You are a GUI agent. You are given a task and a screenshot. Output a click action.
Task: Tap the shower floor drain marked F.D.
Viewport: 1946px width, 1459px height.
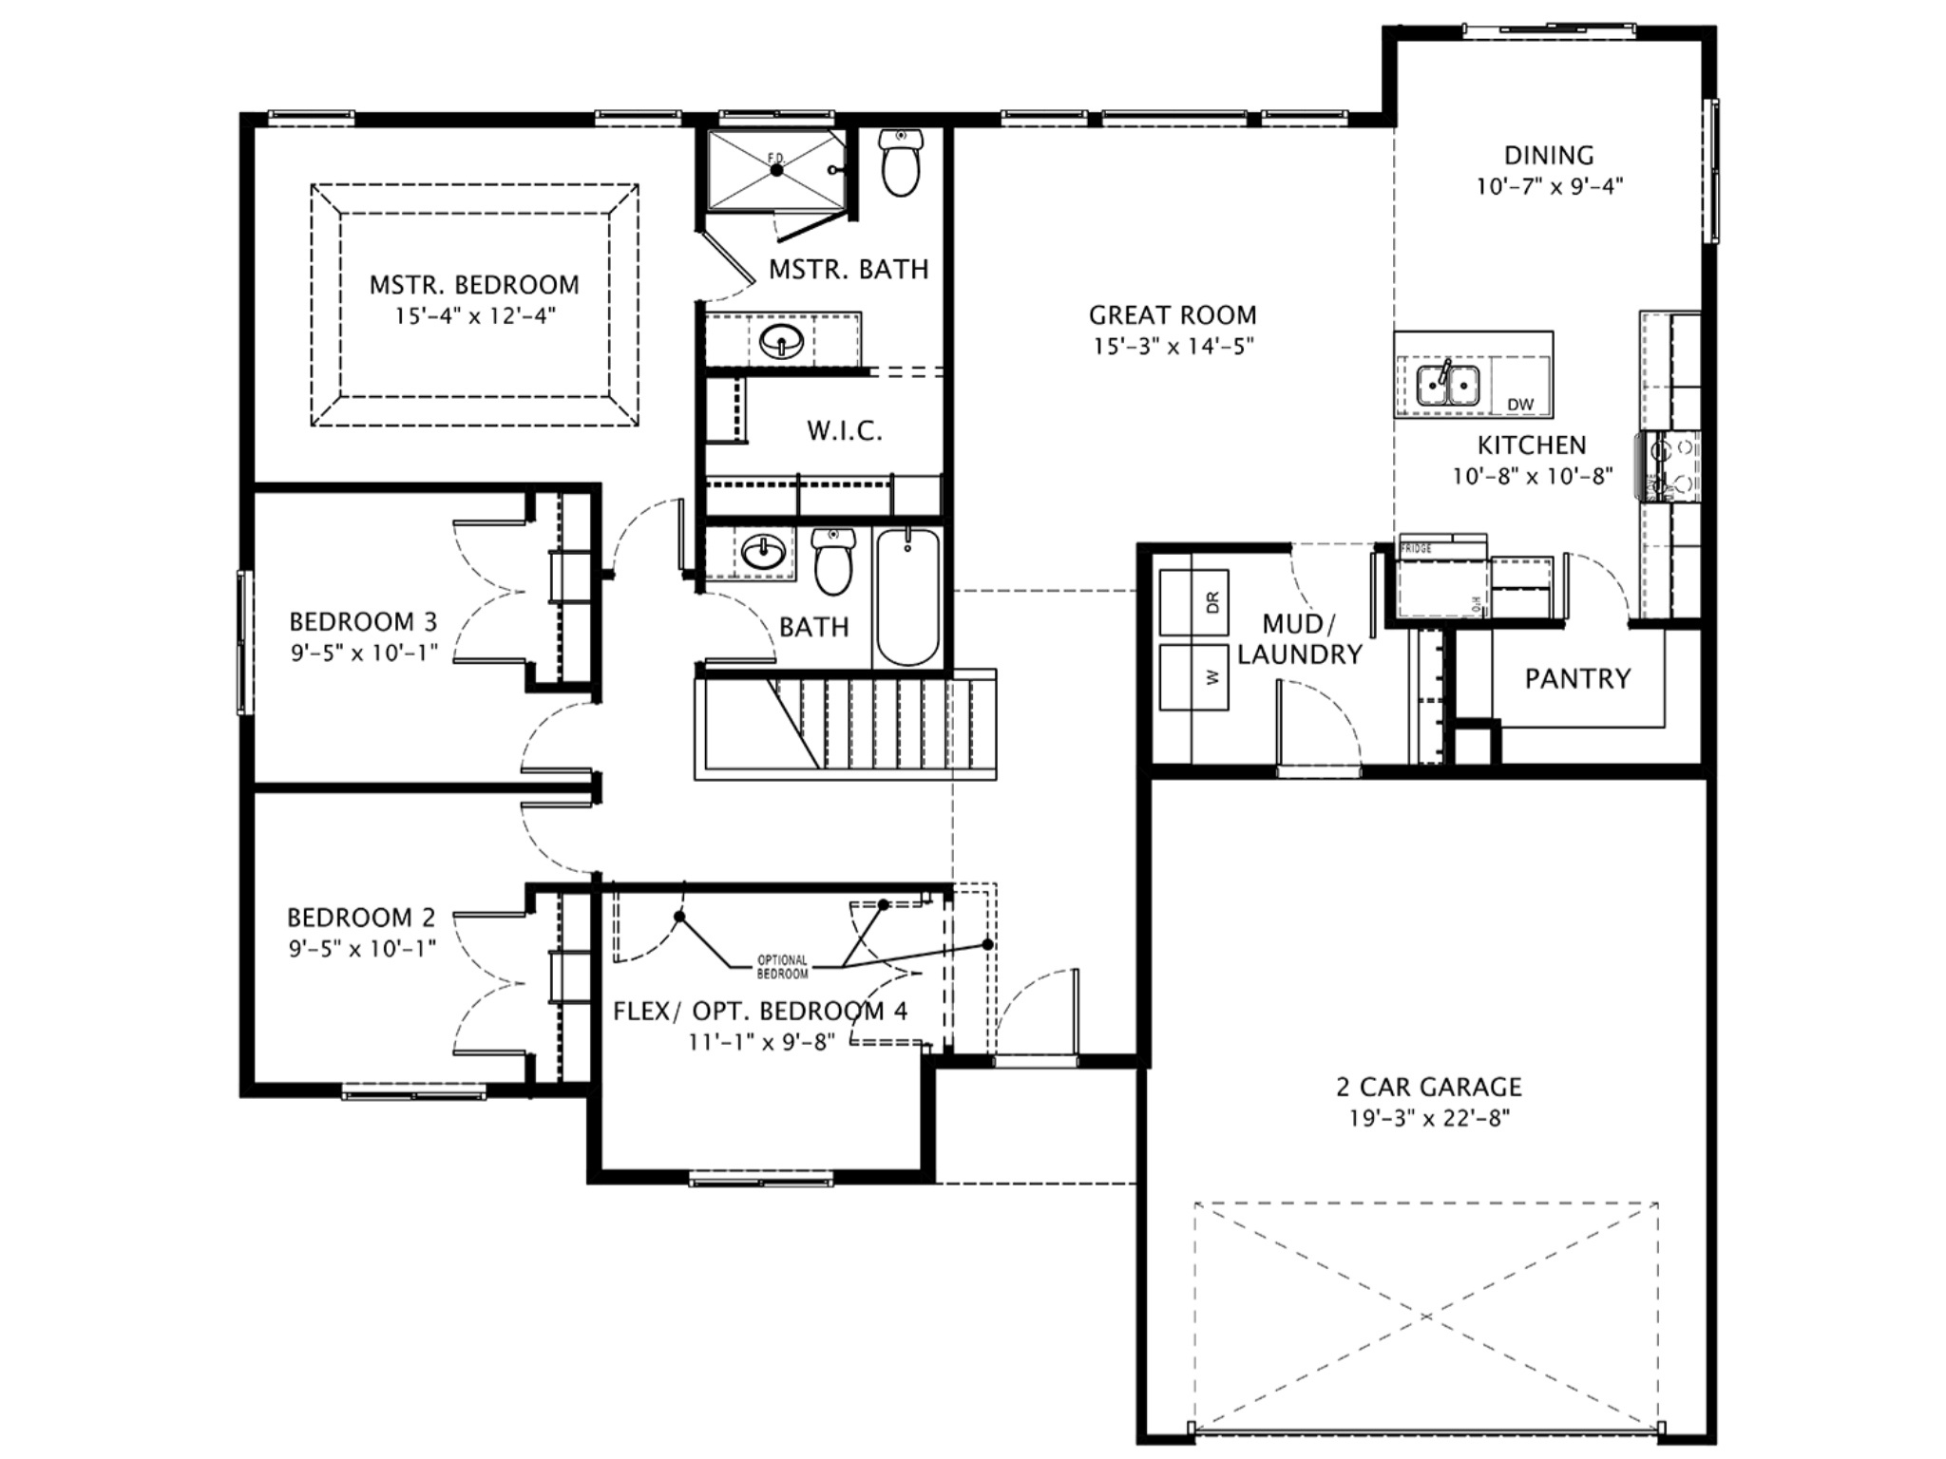[x=776, y=170]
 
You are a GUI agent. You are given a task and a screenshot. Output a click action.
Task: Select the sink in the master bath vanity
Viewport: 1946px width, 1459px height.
[x=782, y=338]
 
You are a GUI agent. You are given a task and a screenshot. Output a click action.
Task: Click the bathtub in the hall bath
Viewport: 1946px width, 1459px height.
[x=907, y=597]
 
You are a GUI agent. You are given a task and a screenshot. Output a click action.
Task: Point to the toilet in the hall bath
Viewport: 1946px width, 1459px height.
[x=833, y=563]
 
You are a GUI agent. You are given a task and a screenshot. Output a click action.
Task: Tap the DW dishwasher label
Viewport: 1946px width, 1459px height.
[x=1520, y=405]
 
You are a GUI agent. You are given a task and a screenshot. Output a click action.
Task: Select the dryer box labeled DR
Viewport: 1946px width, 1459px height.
[x=1194, y=602]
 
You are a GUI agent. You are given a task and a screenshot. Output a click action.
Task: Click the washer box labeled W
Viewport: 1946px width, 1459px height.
[x=1194, y=676]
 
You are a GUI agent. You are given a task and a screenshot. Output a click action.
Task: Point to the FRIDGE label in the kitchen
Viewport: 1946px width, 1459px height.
[x=1416, y=548]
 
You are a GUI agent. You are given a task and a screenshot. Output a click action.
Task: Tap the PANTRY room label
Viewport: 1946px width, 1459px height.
[x=1577, y=678]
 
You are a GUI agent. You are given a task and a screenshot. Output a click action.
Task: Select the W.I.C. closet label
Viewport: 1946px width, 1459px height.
[x=845, y=431]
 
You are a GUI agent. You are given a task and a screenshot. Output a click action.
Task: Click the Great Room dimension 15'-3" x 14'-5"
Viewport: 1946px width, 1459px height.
[x=1173, y=346]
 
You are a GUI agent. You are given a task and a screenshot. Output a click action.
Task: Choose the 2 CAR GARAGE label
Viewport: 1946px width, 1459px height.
[x=1429, y=1086]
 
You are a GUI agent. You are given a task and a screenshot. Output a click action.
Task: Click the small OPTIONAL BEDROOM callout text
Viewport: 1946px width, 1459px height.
[x=782, y=967]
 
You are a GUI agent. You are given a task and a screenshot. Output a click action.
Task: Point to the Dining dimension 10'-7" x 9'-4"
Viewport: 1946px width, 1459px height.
[x=1549, y=186]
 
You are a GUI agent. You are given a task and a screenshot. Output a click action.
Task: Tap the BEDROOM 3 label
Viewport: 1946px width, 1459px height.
[x=363, y=622]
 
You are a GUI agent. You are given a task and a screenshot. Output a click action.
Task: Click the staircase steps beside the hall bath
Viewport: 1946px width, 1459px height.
[x=884, y=724]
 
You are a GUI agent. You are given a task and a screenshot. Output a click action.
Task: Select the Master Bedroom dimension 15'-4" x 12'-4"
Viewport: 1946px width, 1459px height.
[x=474, y=315]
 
